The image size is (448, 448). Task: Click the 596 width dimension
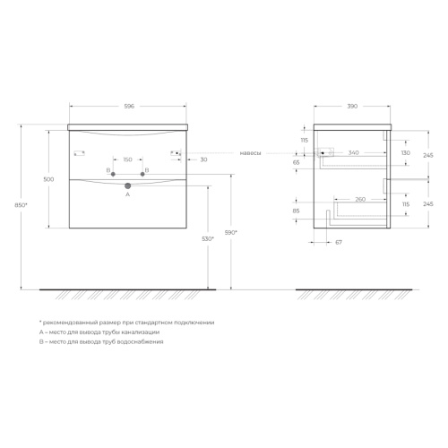[x=129, y=106]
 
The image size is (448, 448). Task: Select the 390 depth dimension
[x=352, y=106]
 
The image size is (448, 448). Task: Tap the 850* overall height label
[x=21, y=205]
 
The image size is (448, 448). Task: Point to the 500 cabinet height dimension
[x=48, y=179]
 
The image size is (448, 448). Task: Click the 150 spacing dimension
[x=127, y=159]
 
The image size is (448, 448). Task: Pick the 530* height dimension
[x=208, y=238]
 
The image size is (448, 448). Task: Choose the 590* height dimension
[x=231, y=232]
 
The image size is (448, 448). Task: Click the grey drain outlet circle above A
[x=128, y=186]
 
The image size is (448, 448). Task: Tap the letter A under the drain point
[x=128, y=194]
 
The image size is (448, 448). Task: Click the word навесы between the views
[x=250, y=153]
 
